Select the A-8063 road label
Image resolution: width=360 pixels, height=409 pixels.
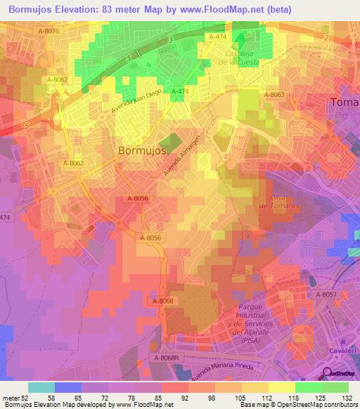274,93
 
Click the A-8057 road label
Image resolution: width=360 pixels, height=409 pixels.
326,295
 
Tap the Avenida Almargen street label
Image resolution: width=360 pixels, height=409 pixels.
182,155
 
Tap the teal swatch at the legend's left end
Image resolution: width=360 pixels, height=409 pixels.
41,387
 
